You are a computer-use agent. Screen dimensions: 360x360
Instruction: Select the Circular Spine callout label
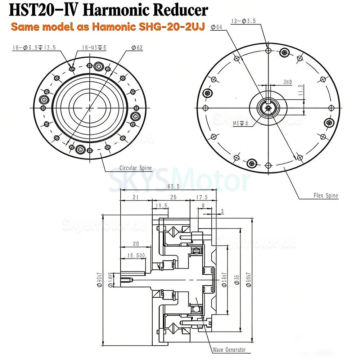135,168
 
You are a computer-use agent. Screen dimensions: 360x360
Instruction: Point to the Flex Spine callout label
326,195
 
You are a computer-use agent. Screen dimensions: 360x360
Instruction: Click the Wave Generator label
229,350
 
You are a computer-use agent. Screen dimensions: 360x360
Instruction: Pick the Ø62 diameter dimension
137,48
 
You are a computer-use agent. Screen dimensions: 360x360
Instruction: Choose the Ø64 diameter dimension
217,27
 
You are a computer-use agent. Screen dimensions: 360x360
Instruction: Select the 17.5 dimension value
203,197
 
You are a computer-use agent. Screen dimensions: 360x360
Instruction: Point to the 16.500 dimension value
136,255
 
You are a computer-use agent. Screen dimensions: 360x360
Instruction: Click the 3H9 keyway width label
287,82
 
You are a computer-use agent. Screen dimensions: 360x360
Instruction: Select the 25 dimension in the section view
173,197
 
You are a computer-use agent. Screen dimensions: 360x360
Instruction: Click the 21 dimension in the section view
136,197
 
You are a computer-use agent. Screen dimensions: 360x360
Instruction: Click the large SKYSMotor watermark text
180,180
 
